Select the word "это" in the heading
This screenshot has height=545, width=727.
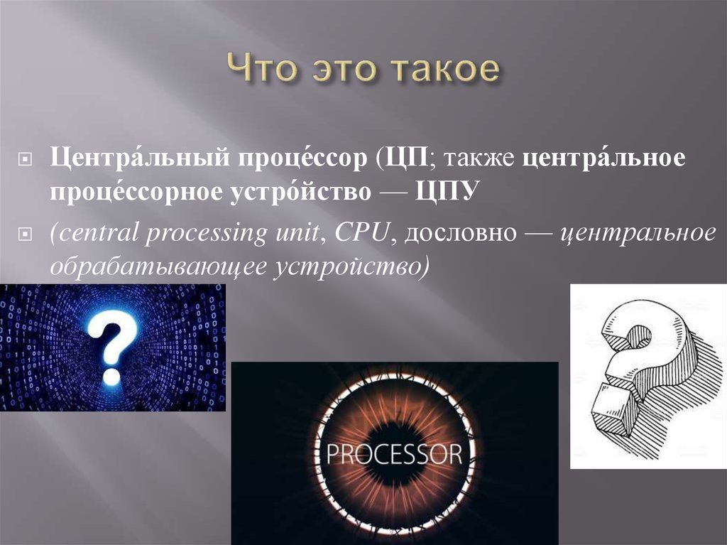(337, 71)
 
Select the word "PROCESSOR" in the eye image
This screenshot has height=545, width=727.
(395, 453)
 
